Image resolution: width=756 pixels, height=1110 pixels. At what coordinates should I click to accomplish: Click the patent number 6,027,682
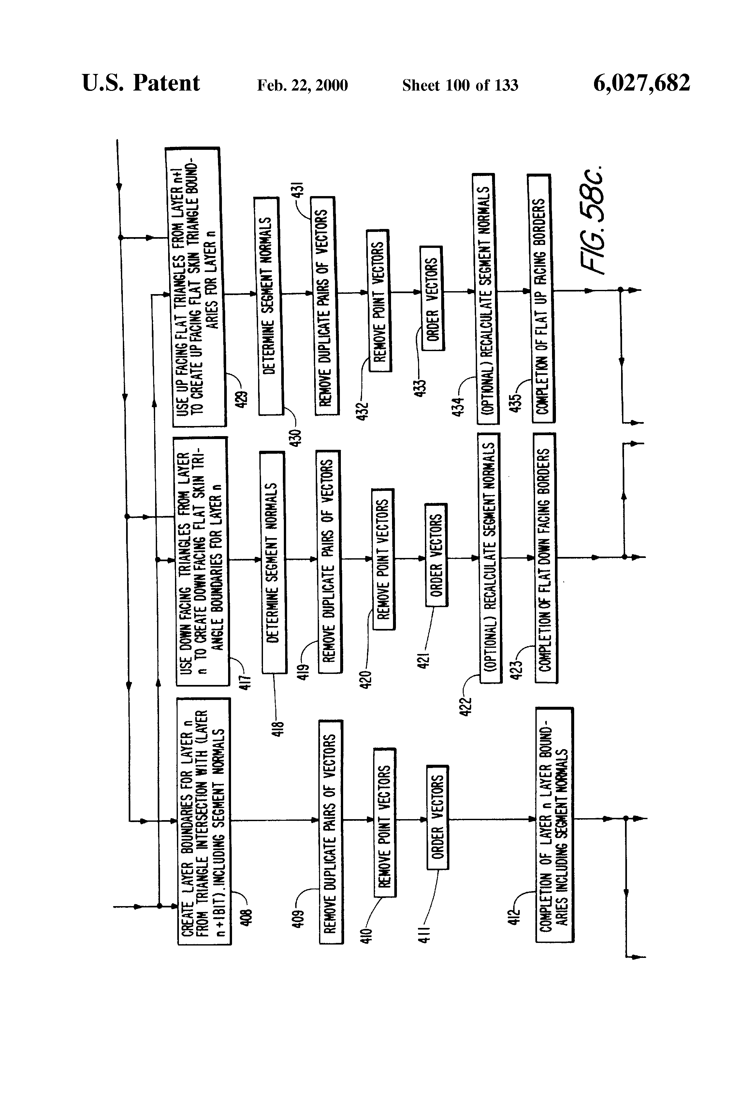pyautogui.click(x=641, y=83)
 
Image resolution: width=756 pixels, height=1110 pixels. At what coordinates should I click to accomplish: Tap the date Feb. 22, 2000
pyautogui.click(x=302, y=85)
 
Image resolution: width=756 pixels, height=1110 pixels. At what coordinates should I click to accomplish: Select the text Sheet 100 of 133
pyautogui.click(x=460, y=85)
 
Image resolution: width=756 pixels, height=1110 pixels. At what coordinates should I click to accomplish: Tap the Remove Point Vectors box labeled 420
pyautogui.click(x=383, y=559)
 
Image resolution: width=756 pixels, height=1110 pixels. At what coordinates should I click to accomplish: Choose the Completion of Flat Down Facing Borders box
pyautogui.click(x=545, y=558)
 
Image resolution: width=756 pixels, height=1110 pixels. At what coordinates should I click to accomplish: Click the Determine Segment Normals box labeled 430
pyautogui.click(x=269, y=306)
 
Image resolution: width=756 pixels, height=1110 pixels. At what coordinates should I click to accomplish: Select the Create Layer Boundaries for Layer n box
pyautogui.click(x=204, y=821)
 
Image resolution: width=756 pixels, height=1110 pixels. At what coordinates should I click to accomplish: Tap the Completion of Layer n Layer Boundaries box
pyautogui.click(x=554, y=825)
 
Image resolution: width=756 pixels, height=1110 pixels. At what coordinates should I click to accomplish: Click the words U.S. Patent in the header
pyautogui.click(x=141, y=83)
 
